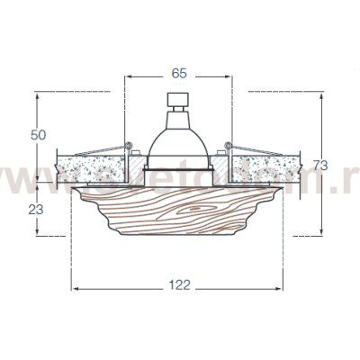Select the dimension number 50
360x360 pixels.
pyautogui.click(x=38, y=135)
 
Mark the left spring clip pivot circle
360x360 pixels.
pyautogui.click(x=130, y=146)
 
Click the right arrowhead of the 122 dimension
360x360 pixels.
pyautogui.click(x=283, y=289)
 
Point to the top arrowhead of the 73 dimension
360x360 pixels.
pyautogui.click(x=325, y=94)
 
